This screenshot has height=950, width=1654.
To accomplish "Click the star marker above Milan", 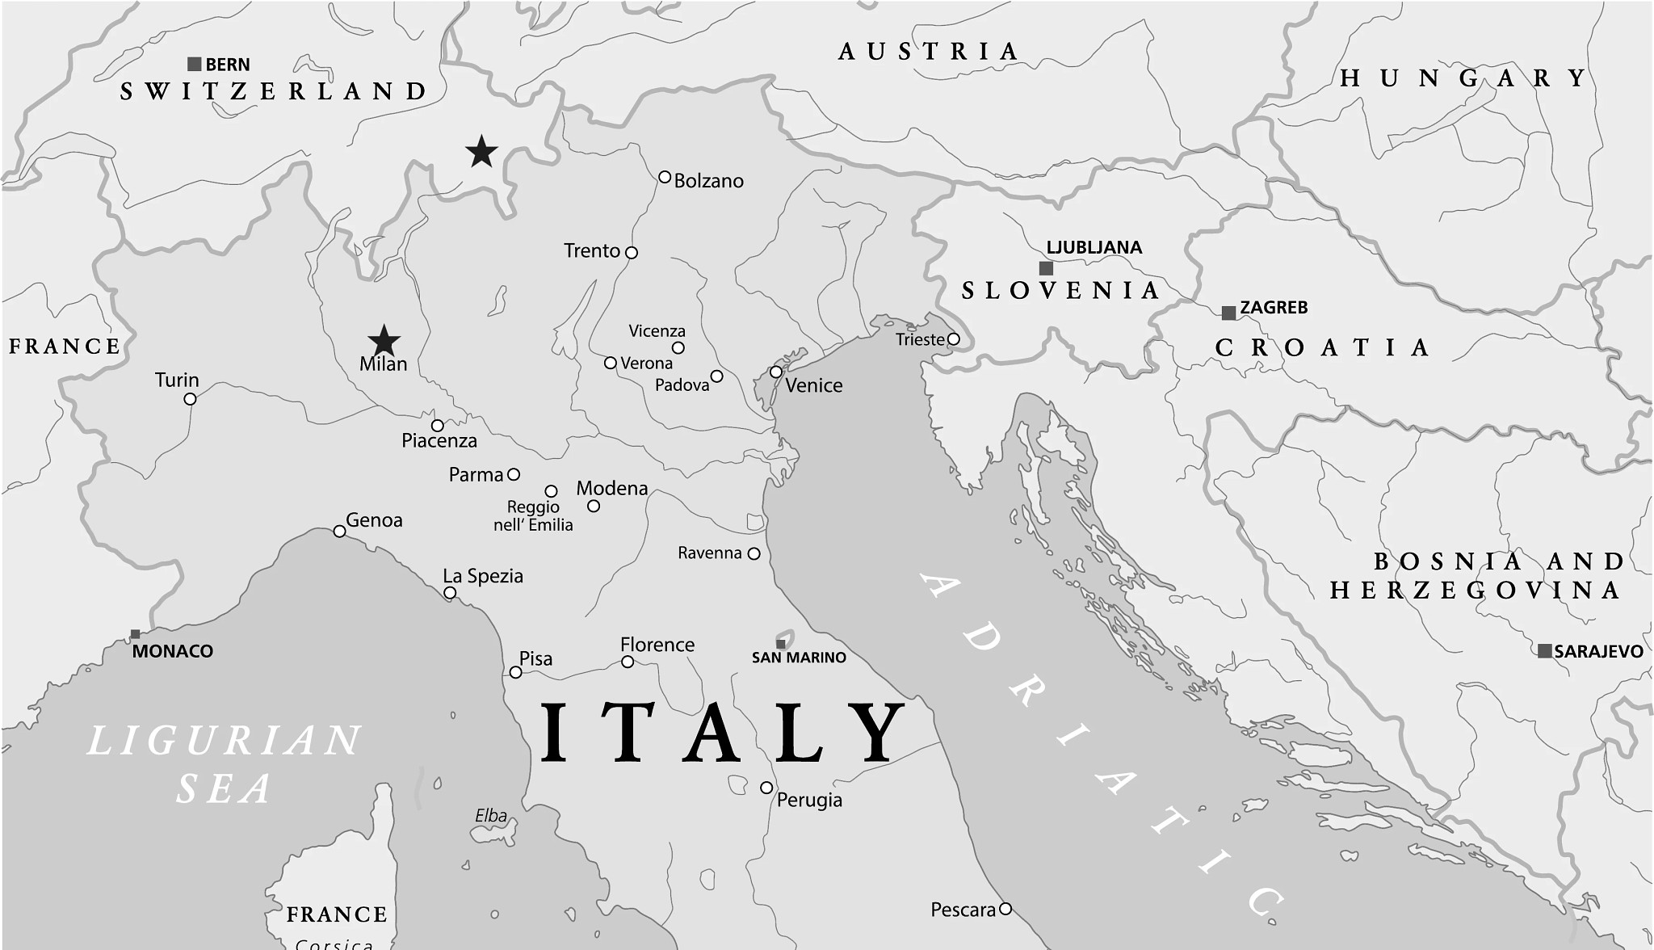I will [x=384, y=341].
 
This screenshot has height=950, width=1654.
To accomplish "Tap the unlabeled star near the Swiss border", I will [x=481, y=152].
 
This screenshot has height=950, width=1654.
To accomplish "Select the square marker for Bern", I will [x=194, y=64].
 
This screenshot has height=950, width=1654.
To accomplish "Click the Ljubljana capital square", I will [x=1046, y=268].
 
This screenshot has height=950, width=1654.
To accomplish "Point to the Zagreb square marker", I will [x=1228, y=313].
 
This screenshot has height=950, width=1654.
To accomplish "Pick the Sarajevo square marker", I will [x=1544, y=651].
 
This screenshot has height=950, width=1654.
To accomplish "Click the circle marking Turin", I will [x=190, y=399].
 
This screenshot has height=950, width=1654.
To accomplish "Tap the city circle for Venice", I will [x=775, y=372].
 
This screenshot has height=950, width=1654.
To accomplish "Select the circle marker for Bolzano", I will [x=665, y=177].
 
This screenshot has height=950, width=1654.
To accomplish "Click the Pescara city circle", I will [x=1005, y=909].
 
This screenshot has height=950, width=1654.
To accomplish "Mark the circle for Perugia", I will [x=766, y=788].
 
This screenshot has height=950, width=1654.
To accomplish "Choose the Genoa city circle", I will [x=340, y=532].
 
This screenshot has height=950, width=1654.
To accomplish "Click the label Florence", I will [x=657, y=645].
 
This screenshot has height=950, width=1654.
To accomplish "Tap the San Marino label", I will [x=799, y=658].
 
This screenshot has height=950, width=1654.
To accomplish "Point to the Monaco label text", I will [x=173, y=651].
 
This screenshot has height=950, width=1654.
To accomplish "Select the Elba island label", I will [x=491, y=816].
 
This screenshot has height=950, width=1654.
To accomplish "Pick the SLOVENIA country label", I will [x=1060, y=291].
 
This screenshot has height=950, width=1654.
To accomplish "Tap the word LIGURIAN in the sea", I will [x=224, y=741].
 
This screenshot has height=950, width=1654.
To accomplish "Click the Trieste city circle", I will [x=953, y=339].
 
